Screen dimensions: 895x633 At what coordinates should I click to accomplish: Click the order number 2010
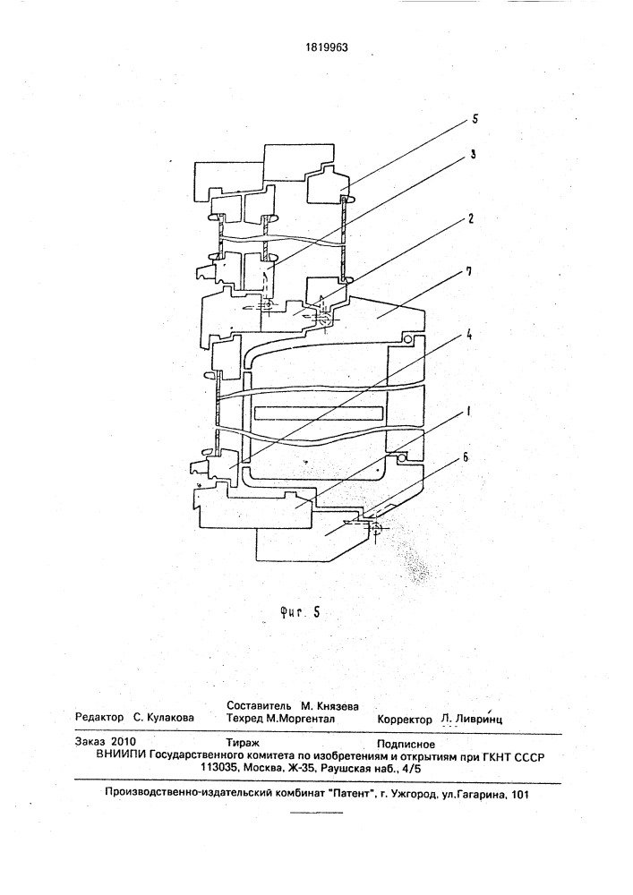[x=121, y=742]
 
